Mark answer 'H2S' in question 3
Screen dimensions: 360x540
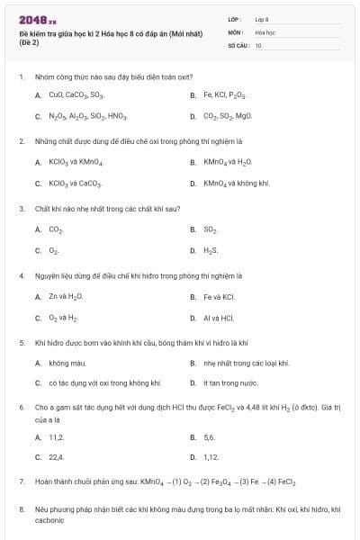[211, 250]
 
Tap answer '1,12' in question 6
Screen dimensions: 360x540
[211, 457]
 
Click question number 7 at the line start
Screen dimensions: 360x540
[22, 482]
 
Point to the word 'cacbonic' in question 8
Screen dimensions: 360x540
[49, 520]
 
